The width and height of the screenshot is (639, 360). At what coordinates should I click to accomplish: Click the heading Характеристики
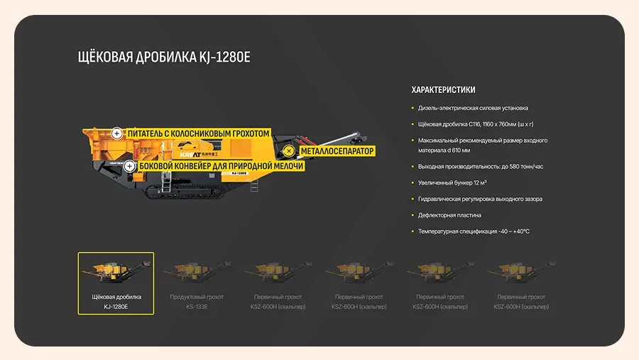tap(443, 90)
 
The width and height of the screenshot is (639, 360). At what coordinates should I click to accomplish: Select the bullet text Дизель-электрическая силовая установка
tap(473, 108)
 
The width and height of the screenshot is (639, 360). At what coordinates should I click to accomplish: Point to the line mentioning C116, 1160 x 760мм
tap(475, 124)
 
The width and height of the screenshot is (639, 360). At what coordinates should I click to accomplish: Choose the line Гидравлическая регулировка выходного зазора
tap(480, 199)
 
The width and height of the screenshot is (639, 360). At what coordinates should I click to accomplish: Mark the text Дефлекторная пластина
tap(449, 215)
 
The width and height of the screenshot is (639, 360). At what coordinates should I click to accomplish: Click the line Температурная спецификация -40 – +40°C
tap(474, 231)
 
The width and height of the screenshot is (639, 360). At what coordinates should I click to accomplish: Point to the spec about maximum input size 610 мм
tap(483, 145)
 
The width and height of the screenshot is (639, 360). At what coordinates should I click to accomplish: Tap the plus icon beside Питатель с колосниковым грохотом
tap(116, 133)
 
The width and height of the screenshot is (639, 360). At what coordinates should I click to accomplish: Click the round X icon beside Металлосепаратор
tap(289, 151)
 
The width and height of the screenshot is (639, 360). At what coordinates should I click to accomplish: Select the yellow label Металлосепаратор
tap(337, 151)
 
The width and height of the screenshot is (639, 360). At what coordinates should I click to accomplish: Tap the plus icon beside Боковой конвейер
tap(129, 166)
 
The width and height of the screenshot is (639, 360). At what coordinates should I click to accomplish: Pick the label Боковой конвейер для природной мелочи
tap(221, 166)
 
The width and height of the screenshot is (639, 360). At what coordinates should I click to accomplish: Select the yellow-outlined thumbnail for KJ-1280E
tap(116, 283)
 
